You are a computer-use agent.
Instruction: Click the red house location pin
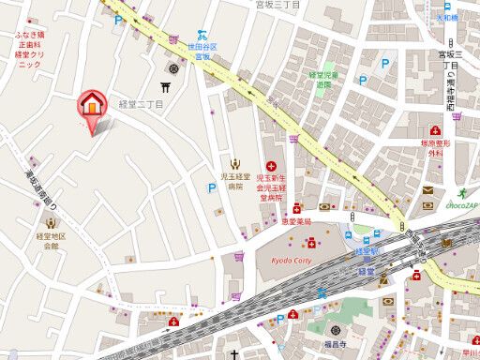pyautogui.click(x=92, y=104)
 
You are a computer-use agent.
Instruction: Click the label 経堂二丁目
pyautogui.click(x=141, y=105)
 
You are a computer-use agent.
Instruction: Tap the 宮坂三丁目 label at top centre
pyautogui.click(x=277, y=6)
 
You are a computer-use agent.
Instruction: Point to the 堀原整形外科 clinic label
pyautogui.click(x=435, y=148)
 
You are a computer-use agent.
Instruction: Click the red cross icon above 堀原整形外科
pyautogui.click(x=436, y=130)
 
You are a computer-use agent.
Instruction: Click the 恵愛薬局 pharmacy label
pyautogui.click(x=295, y=222)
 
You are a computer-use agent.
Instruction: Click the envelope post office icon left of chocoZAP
pyautogui.click(x=427, y=189)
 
